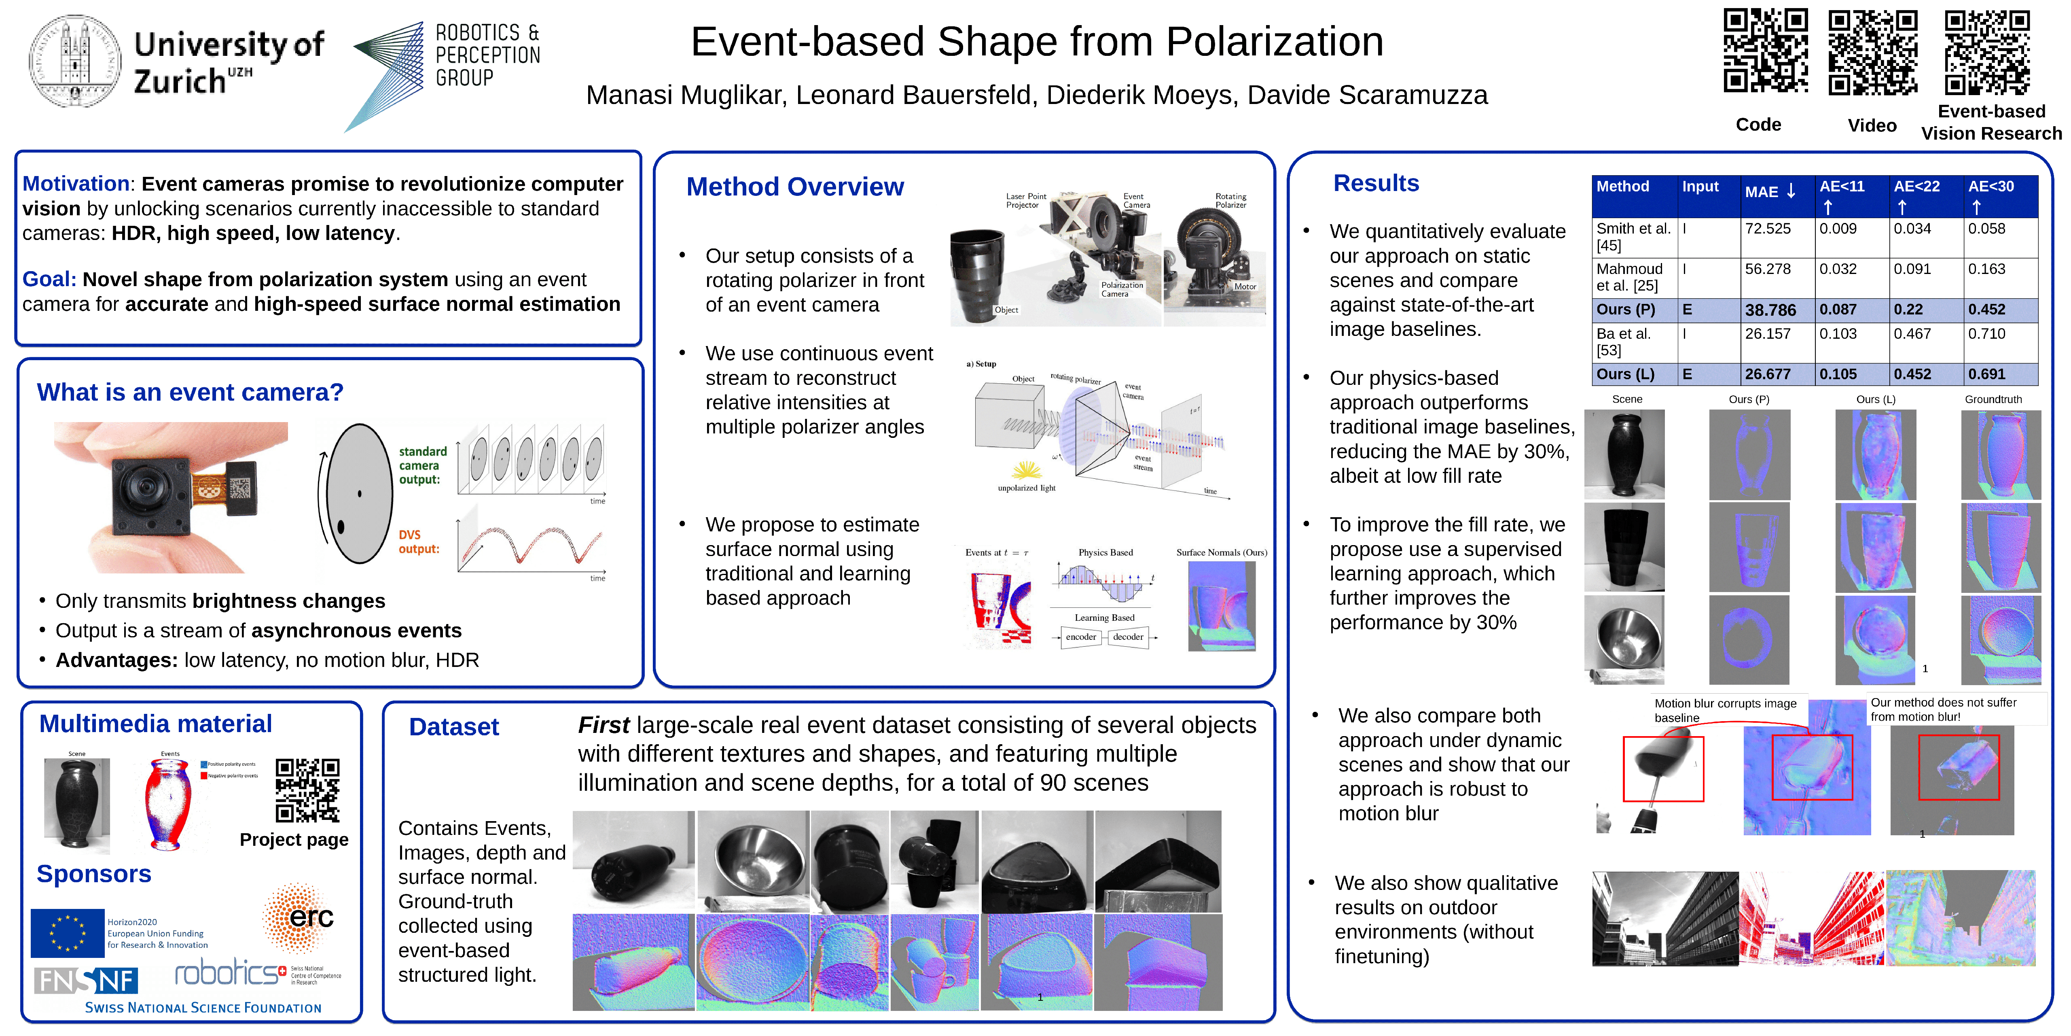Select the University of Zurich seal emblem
click(75, 61)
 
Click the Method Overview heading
click(794, 187)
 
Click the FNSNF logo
click(86, 981)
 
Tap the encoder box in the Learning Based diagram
click(1080, 637)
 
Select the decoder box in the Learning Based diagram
click(1128, 637)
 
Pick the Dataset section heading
click(453, 727)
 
